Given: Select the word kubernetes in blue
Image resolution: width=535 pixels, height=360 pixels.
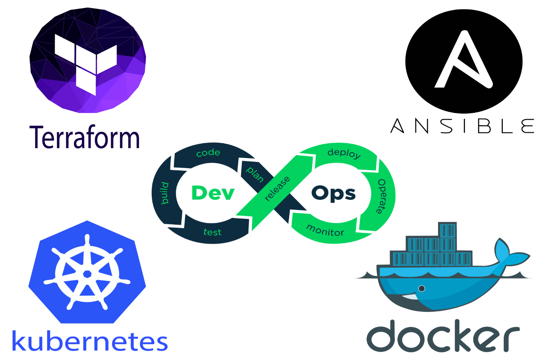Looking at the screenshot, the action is point(90,341).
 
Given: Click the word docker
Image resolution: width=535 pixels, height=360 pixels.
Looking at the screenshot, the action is point(443,336).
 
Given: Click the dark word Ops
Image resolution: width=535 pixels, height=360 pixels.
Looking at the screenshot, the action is point(333,194).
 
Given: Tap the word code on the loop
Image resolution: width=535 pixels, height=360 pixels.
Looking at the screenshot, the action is point(208,153).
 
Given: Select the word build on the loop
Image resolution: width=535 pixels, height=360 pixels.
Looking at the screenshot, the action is point(164,193).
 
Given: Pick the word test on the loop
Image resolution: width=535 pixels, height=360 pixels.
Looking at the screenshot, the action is point(212,232).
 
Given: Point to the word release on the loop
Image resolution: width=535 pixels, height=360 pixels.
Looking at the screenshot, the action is point(277,189).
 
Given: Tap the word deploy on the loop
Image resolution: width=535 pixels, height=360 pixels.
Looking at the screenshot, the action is point(344,153).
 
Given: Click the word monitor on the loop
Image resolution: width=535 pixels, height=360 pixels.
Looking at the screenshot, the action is point(325,230).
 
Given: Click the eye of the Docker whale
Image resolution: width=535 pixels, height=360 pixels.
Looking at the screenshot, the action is point(422,289).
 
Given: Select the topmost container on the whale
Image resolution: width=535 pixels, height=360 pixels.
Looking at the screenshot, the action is point(447,230).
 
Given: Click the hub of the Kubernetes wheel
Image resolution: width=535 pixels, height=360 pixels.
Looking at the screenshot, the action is point(87,274).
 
